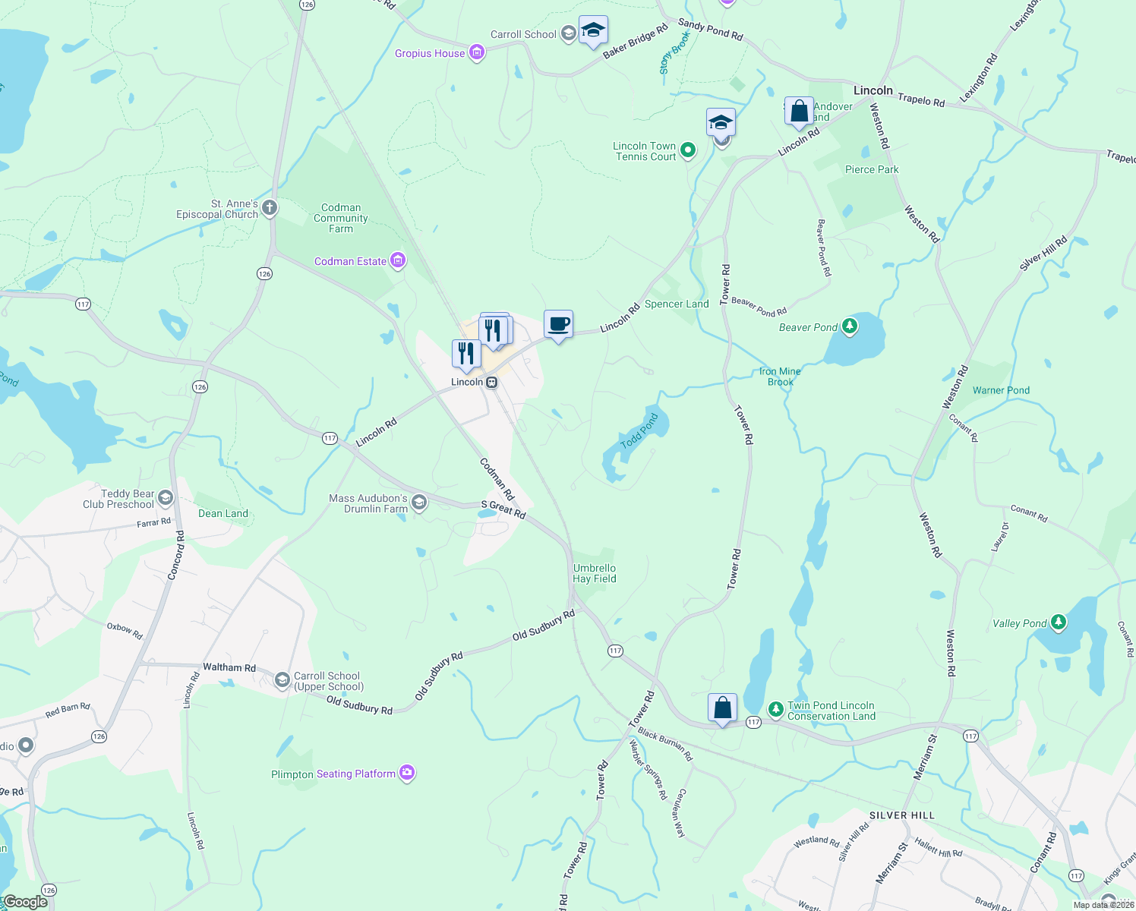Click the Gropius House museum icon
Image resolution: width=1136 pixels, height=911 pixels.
click(477, 53)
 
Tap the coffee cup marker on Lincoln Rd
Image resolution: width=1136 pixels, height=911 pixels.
click(558, 325)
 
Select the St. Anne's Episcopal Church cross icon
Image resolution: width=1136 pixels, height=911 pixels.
click(269, 207)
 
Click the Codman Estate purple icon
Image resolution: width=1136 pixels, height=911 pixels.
click(397, 261)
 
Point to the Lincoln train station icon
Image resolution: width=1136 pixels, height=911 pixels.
click(492, 383)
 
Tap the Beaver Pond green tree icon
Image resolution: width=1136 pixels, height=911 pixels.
click(850, 327)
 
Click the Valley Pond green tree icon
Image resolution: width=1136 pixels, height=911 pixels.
click(1058, 623)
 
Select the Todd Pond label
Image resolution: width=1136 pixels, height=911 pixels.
click(639, 431)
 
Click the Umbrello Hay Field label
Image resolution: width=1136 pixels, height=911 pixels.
click(595, 573)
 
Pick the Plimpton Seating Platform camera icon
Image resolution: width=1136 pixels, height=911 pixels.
click(407, 773)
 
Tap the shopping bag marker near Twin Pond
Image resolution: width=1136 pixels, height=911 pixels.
click(722, 708)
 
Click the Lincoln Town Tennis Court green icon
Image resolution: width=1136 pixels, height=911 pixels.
click(687, 150)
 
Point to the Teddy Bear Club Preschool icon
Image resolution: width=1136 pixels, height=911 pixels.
click(166, 498)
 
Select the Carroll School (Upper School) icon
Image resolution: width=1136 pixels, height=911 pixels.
click(282, 679)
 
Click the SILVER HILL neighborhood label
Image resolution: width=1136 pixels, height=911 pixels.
click(902, 815)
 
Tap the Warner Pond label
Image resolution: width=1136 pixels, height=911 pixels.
click(1001, 390)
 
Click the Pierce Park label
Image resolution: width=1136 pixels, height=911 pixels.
click(872, 169)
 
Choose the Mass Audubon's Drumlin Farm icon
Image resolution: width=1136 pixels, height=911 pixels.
click(418, 503)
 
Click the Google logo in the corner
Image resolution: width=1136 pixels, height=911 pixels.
click(25, 902)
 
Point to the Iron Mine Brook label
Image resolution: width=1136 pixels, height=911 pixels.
click(780, 377)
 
